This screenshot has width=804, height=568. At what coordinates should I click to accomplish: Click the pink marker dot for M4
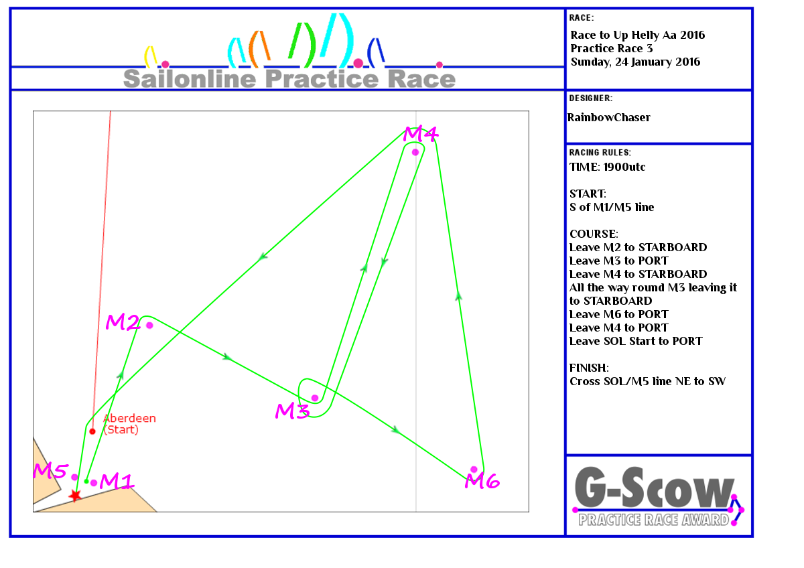pos(415,152)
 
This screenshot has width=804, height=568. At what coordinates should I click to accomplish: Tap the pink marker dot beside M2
pos(149,325)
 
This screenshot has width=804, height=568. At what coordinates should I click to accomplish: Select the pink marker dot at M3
pos(315,398)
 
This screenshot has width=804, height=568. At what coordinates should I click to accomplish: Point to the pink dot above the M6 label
pos(474,470)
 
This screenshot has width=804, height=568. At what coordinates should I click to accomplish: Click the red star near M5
pos(75,496)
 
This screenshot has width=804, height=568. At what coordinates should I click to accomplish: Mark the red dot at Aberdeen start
pos(92,431)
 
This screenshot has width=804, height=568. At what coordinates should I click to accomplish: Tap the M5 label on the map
pos(50,470)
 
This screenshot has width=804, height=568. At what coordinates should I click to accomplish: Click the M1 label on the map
pos(117,481)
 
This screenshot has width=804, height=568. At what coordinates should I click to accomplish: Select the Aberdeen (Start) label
pos(129,424)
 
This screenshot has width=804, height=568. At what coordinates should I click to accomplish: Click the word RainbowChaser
pos(609,117)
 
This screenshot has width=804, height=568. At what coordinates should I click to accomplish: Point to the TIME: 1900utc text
pos(607,167)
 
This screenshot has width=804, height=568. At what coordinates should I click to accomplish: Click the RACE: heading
pos(582,17)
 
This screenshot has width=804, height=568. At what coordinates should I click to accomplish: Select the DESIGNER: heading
pos(591,98)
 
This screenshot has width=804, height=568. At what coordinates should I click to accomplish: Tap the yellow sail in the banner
pos(150,57)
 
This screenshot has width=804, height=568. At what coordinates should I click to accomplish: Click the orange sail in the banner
pos(259,49)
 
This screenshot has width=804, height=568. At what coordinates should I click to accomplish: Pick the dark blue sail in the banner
pos(376,52)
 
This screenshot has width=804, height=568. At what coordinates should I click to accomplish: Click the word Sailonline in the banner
pos(190,78)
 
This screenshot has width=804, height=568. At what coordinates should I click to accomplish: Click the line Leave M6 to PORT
pos(619,314)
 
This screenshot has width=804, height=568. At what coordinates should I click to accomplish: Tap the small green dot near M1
pos(86,481)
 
